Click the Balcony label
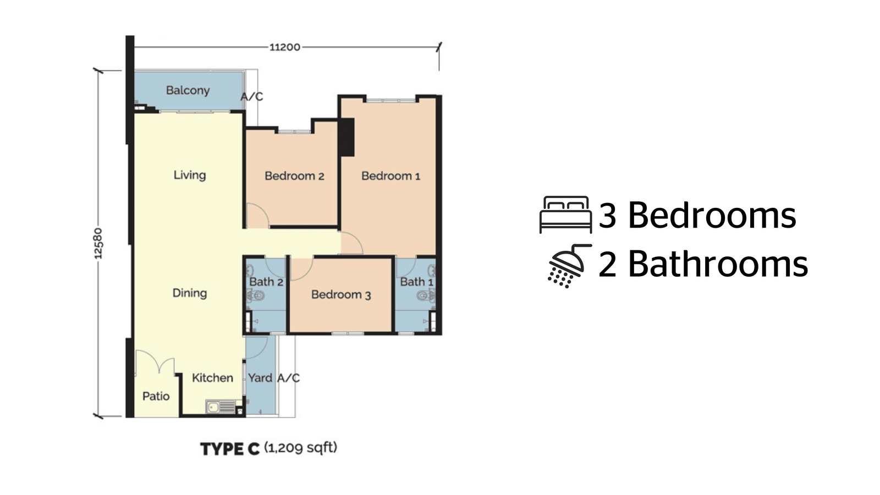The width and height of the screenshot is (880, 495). (x=188, y=91)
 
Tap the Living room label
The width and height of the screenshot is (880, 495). (x=190, y=175)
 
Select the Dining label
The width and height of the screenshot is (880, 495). (x=190, y=293)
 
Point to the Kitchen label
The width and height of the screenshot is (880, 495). (x=212, y=378)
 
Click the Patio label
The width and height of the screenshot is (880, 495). (x=156, y=396)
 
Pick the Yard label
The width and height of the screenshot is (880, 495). (x=260, y=378)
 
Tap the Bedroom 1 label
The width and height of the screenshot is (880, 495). (x=391, y=176)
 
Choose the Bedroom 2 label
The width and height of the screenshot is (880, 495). (x=295, y=176)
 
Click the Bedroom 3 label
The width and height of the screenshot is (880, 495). (x=341, y=295)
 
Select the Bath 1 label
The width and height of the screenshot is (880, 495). (x=417, y=282)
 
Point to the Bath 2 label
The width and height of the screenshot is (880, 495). (x=266, y=282)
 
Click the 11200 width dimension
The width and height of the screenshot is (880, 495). (x=285, y=47)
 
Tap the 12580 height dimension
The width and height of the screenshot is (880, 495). (x=98, y=244)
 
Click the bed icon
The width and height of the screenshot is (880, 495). (x=566, y=215)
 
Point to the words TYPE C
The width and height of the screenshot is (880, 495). (x=230, y=449)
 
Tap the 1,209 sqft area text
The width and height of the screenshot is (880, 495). (x=301, y=448)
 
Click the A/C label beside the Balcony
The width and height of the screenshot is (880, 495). (x=252, y=97)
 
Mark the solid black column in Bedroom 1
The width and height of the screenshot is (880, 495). (x=347, y=137)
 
